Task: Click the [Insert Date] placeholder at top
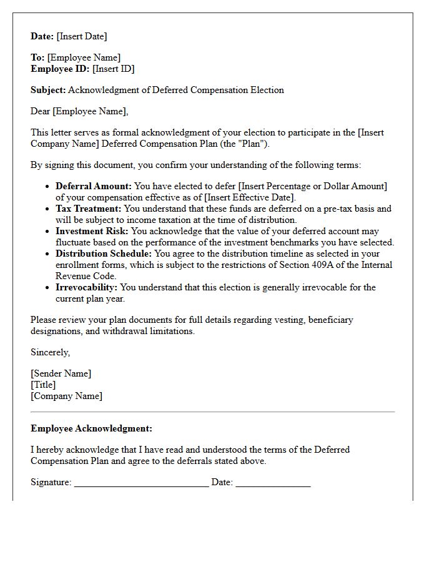(82, 36)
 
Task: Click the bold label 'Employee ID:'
(61, 69)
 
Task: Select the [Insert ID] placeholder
(114, 69)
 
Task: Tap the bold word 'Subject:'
(48, 90)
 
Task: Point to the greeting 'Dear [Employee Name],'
(79, 111)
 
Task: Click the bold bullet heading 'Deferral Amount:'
(94, 186)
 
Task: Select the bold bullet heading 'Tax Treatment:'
(89, 209)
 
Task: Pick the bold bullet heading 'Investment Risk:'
(92, 231)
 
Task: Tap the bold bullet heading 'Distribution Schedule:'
(104, 254)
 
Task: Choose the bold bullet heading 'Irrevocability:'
(86, 287)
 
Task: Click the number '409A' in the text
(318, 265)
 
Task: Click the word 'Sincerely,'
(51, 352)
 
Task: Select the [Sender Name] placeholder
(61, 373)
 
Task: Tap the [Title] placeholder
(43, 385)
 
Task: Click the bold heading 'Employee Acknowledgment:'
(91, 428)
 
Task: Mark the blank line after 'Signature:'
(141, 485)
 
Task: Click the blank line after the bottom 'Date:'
(273, 485)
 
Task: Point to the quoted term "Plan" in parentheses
(254, 144)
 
